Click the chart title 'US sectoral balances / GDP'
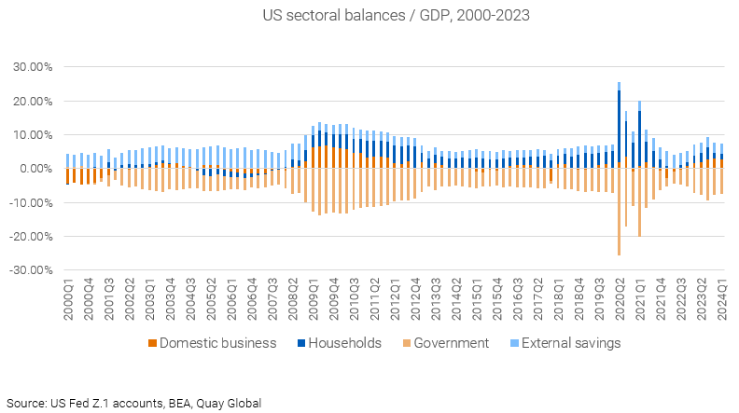[x=369, y=15]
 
